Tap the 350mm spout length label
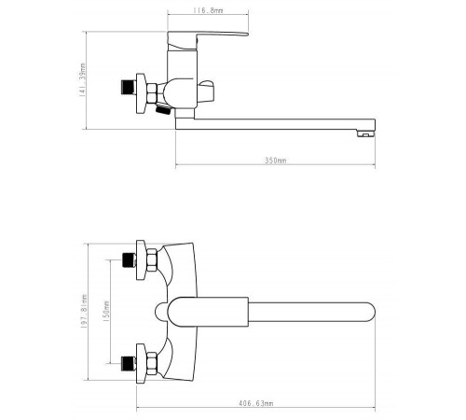point(275,161)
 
